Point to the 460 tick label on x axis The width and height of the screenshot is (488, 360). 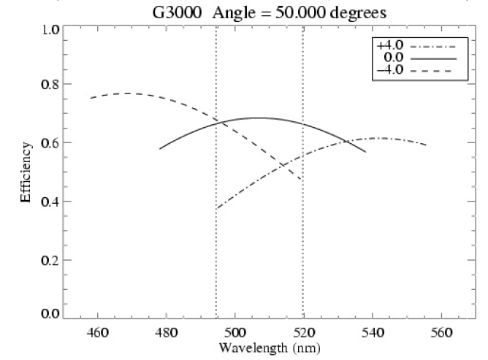point(97,332)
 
